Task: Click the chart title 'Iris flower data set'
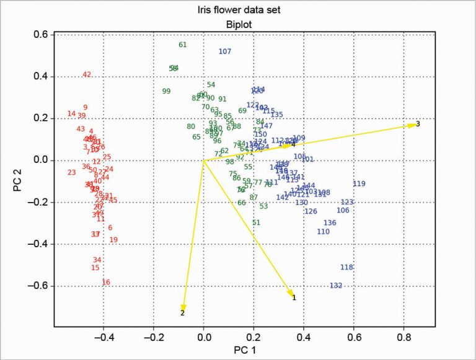tap(238, 10)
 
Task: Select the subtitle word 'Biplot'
tap(238, 24)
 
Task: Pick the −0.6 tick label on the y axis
tap(40, 286)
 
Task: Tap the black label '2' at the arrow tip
tap(182, 314)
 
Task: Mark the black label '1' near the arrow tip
tap(294, 297)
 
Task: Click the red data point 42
tap(87, 75)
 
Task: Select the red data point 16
tap(106, 283)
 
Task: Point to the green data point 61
tap(182, 45)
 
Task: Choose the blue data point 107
tap(225, 51)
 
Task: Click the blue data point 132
tap(336, 286)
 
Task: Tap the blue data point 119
tap(359, 183)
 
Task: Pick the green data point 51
tap(257, 222)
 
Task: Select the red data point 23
tap(71, 172)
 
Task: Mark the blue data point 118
tap(346, 267)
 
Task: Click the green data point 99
tap(166, 92)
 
